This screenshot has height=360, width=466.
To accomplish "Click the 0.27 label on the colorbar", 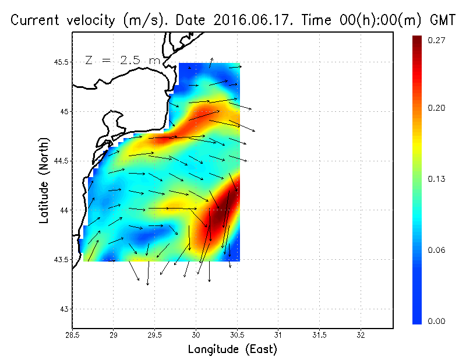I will [x=437, y=40].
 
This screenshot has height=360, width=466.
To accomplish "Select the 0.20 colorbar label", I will [x=437, y=108].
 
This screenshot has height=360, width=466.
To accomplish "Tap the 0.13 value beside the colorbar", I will [x=437, y=179].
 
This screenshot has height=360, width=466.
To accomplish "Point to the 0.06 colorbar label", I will [x=437, y=250].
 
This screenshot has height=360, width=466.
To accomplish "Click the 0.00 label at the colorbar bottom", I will [x=437, y=321].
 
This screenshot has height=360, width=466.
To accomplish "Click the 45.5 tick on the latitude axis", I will [x=59, y=62].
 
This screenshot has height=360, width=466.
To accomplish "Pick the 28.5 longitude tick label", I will [x=72, y=336].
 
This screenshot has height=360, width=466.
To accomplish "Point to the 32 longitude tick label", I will [x=361, y=336].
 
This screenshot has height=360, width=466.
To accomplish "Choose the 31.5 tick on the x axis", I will [x=320, y=336].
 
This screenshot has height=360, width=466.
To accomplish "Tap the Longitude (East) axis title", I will [x=232, y=350].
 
